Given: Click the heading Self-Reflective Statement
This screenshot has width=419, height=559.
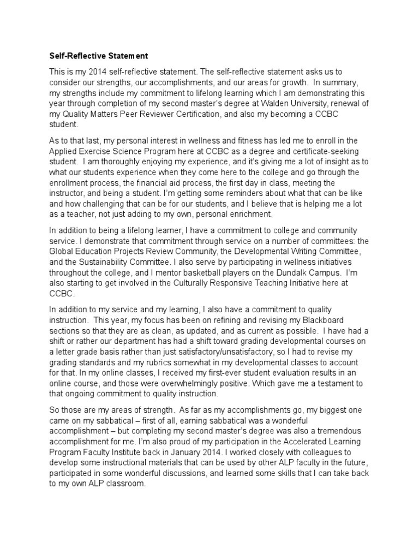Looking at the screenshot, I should (x=99, y=56).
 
